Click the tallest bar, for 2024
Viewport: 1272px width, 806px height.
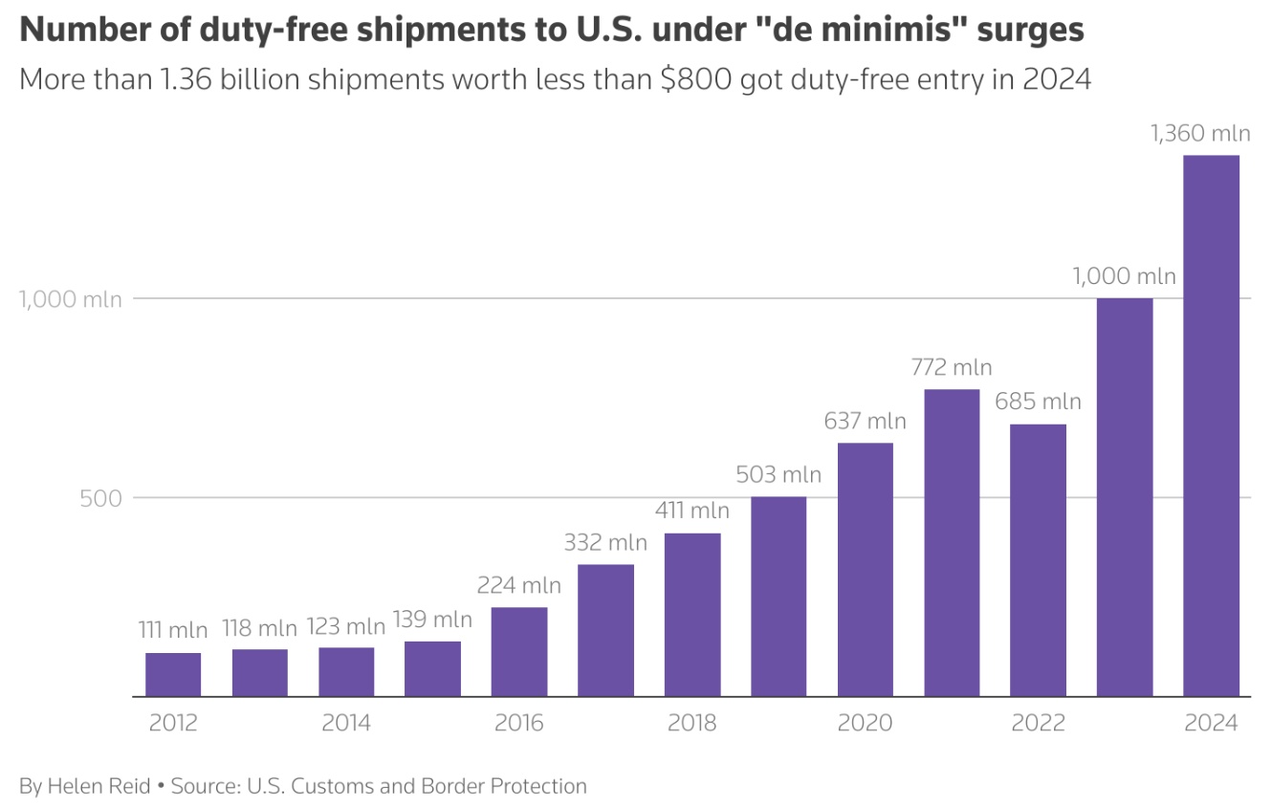tap(1211, 425)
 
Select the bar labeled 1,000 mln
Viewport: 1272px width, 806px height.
tap(1125, 497)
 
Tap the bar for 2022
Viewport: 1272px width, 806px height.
tap(1039, 560)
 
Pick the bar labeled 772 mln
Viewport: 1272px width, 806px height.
tap(952, 543)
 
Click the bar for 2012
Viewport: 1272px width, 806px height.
tap(173, 675)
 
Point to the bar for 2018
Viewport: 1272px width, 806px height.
tap(692, 615)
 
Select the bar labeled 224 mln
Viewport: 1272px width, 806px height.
tap(519, 652)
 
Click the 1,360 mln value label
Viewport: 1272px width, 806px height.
tap(1201, 134)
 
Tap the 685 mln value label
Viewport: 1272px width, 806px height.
tap(1039, 402)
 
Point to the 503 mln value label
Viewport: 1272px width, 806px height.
tap(779, 474)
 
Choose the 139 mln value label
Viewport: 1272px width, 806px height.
tap(432, 620)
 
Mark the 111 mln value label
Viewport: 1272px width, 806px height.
tap(173, 631)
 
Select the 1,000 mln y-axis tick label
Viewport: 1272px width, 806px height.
tap(71, 299)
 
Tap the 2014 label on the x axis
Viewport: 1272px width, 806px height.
tap(346, 723)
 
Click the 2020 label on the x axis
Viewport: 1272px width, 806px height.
tap(865, 723)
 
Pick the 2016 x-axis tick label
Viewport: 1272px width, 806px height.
tap(519, 723)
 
